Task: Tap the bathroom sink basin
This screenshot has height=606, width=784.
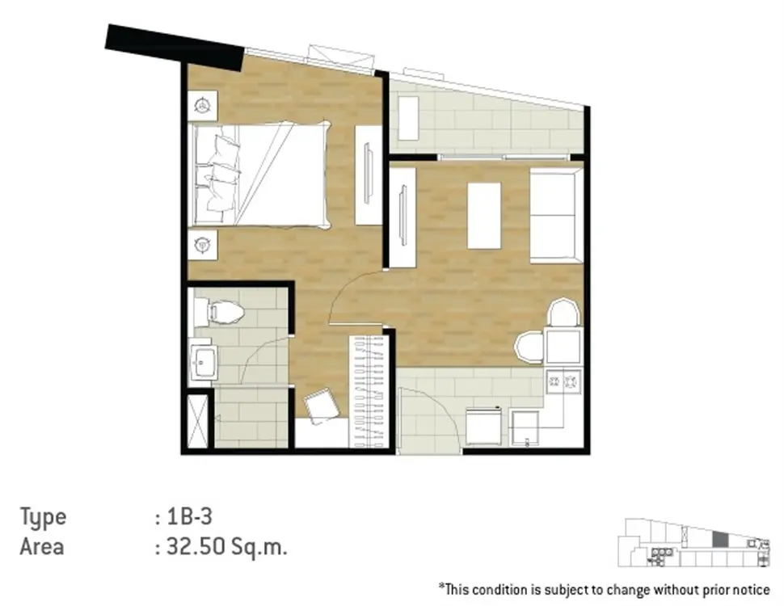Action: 204,361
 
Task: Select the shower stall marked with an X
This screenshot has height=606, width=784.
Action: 197,421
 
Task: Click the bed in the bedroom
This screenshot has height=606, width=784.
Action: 260,175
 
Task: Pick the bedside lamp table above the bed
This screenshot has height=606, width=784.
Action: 203,106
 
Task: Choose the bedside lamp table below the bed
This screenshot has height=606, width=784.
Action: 203,245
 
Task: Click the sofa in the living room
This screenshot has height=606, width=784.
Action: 556,216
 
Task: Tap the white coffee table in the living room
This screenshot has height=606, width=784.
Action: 484,216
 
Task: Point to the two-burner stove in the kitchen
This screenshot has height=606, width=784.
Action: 563,382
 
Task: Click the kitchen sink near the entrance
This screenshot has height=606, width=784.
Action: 525,428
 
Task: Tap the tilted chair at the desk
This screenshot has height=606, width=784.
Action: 322,405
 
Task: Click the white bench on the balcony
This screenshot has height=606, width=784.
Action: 408,119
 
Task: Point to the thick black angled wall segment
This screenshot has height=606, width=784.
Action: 175,47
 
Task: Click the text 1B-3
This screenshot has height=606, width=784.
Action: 189,516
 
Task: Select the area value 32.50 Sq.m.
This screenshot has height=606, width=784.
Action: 226,547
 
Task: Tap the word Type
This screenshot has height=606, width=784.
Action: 43,517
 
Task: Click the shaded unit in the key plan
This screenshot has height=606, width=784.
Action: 720,540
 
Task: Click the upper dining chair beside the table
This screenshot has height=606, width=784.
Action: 564,313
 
